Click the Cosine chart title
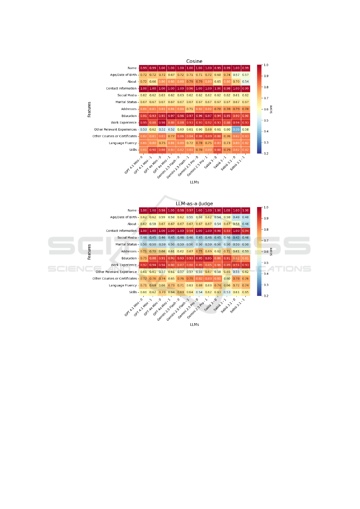pyautogui.click(x=194, y=61)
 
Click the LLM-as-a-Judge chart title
pyautogui.click(x=194, y=204)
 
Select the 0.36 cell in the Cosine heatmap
pyautogui.click(x=236, y=129)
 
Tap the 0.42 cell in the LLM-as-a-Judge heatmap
pyautogui.click(x=236, y=238)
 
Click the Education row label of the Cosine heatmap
pyautogui.click(x=129, y=116)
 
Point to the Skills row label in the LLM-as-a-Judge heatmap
pyautogui.click(x=133, y=292)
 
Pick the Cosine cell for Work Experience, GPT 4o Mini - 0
pyautogui.click(x=162, y=123)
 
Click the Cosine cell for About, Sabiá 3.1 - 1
pyautogui.click(x=245, y=82)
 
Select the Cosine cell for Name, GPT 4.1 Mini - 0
pyautogui.click(x=144, y=68)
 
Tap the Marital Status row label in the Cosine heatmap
pyautogui.click(x=126, y=102)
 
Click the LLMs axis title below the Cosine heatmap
pyautogui.click(x=194, y=182)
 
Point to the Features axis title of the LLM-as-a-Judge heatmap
pyautogui.click(x=89, y=252)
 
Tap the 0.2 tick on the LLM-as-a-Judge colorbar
pyautogui.click(x=266, y=296)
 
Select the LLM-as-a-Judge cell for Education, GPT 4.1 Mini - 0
pyautogui.click(x=144, y=258)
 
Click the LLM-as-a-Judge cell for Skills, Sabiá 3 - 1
pyautogui.click(x=227, y=292)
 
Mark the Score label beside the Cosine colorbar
pyautogui.click(x=271, y=109)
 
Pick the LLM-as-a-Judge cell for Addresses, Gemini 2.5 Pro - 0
pyautogui.click(x=199, y=251)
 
